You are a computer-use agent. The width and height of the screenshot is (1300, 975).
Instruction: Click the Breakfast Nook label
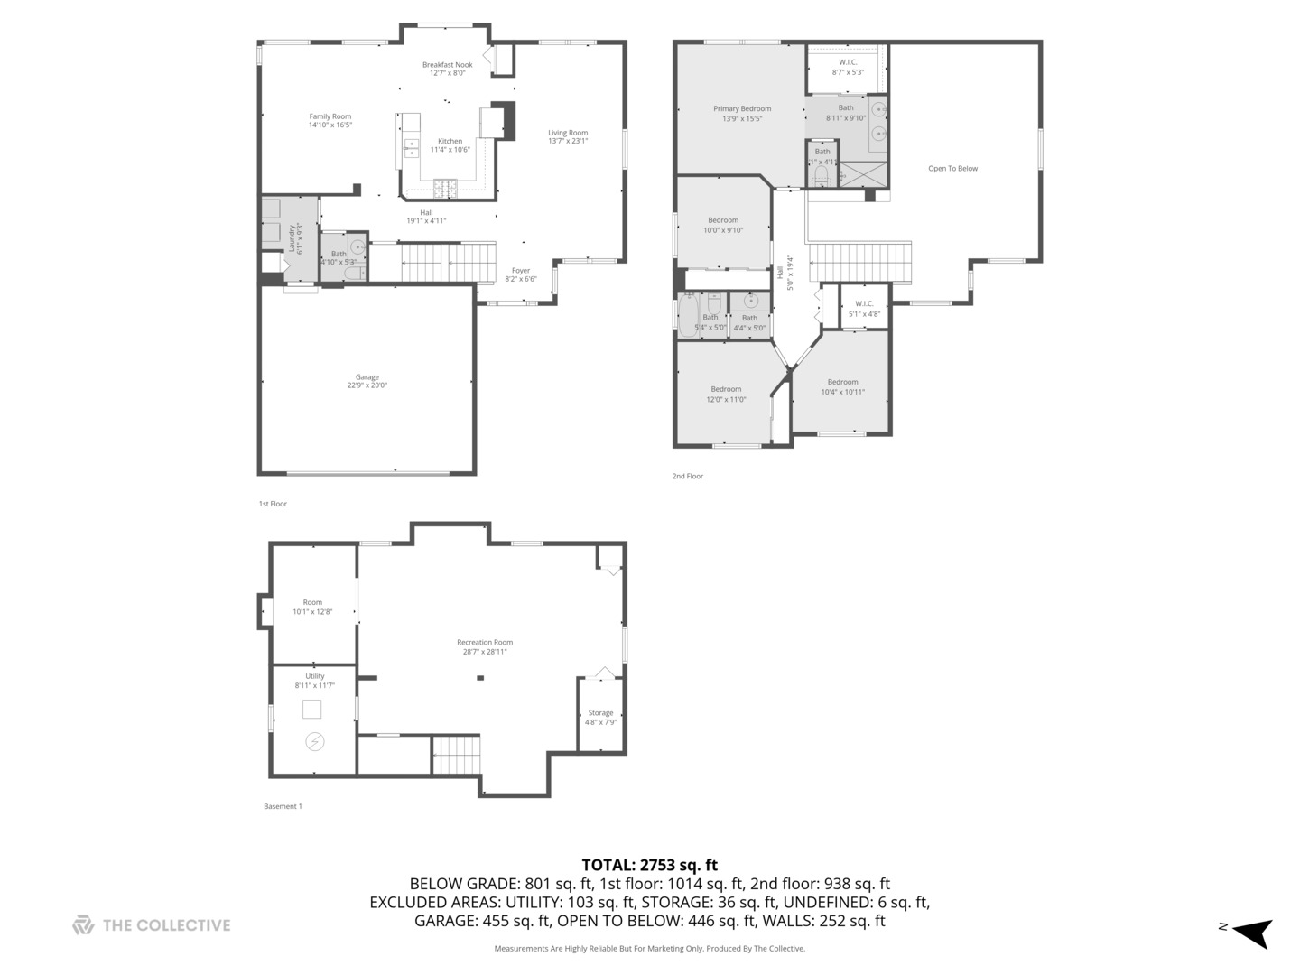pos(447,65)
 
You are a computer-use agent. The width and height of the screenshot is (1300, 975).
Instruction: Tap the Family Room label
pos(330,116)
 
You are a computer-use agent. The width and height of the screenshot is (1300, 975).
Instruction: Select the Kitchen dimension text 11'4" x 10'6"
pos(450,150)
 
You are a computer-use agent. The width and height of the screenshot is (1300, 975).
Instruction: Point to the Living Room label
pos(568,133)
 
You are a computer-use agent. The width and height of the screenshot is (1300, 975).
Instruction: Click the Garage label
pos(367,377)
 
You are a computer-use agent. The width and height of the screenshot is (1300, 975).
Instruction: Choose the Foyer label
pos(521,271)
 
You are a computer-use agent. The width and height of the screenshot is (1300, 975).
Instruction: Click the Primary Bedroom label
pos(742,109)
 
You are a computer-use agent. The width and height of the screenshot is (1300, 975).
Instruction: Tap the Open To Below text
pos(952,169)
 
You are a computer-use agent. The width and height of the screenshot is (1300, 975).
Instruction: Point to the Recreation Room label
pos(485,643)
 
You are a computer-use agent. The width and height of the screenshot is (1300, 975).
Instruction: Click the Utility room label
pos(314,676)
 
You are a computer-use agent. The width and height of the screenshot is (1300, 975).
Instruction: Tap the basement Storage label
pos(600,713)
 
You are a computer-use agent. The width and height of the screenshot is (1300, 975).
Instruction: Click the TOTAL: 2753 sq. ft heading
pos(649,865)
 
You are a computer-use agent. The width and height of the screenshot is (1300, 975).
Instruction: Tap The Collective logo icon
pos(83,925)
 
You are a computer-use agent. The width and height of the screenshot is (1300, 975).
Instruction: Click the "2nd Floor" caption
pos(687,477)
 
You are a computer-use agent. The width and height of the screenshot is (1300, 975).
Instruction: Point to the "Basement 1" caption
pos(283,806)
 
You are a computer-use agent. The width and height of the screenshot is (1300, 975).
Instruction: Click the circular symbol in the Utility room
pos(315,742)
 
